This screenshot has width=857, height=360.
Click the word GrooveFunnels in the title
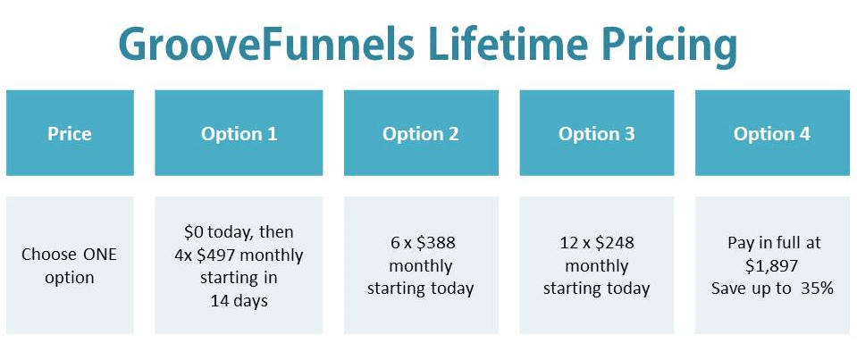click(266, 44)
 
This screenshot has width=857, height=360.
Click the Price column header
click(70, 133)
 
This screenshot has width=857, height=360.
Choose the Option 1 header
click(239, 133)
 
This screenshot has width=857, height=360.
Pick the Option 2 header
click(421, 133)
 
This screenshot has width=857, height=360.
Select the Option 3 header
click(596, 133)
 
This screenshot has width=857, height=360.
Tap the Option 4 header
click(772, 133)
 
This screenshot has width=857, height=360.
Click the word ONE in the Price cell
click(100, 254)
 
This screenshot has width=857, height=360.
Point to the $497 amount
click(214, 255)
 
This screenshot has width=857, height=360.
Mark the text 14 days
click(239, 301)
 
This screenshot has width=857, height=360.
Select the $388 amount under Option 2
click(435, 243)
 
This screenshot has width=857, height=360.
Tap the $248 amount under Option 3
click(615, 243)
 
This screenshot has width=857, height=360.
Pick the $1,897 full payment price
click(772, 265)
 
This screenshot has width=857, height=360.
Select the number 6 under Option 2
click(395, 243)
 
